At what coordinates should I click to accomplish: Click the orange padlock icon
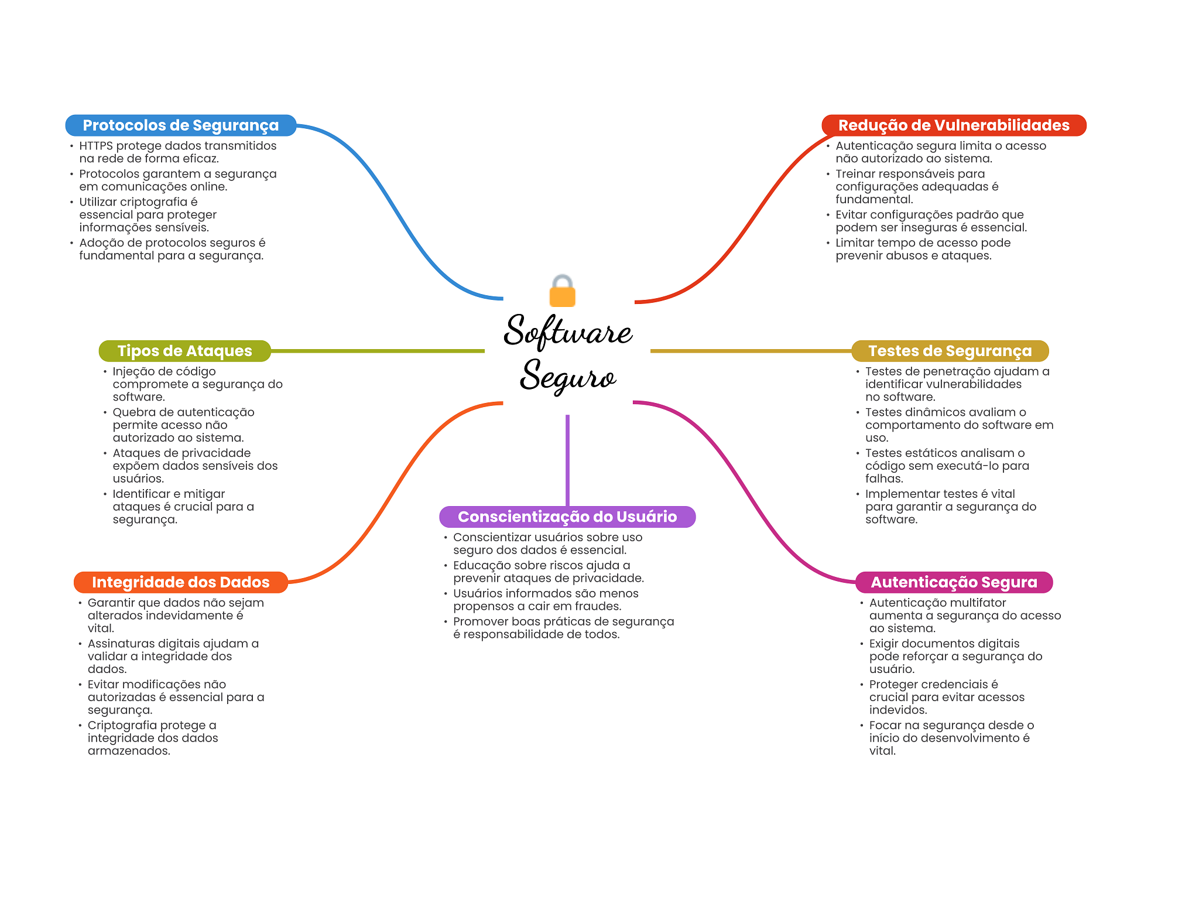(563, 292)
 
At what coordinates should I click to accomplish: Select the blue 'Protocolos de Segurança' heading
(180, 125)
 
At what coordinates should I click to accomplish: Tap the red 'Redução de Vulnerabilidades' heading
(954, 125)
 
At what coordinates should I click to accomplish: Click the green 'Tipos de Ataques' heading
(184, 351)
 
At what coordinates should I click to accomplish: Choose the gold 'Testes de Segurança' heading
(950, 351)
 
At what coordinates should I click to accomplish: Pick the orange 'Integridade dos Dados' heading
(180, 582)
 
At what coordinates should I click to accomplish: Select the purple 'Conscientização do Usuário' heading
(567, 517)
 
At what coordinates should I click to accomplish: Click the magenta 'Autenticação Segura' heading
(954, 582)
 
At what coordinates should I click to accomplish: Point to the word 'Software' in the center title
(568, 332)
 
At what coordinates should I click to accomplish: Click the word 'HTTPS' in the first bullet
(96, 146)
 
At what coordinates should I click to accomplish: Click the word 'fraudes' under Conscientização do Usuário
(598, 606)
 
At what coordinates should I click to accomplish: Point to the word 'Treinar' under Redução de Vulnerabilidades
(855, 174)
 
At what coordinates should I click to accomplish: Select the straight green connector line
(378, 351)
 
